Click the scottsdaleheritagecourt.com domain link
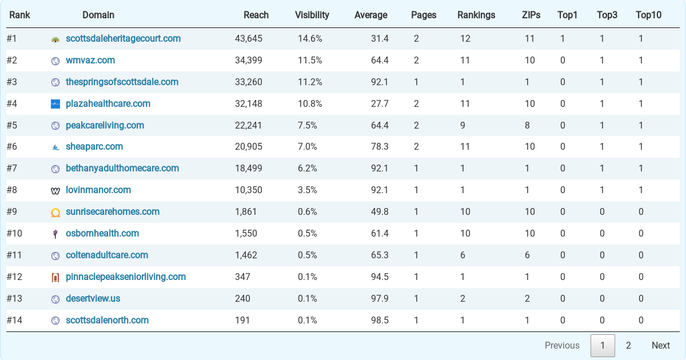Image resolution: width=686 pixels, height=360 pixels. [123, 39]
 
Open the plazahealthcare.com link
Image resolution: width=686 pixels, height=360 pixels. [108, 104]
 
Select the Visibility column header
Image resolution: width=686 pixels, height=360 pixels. [312, 15]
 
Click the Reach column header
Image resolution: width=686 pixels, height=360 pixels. [256, 15]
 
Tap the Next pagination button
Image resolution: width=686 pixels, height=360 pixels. [661, 345]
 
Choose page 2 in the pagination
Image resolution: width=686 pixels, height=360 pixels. [628, 345]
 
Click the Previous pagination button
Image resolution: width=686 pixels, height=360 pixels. [562, 345]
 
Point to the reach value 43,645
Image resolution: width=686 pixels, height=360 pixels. [248, 39]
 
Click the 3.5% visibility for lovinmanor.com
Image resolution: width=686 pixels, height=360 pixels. [307, 190]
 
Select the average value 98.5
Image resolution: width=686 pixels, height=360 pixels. [380, 320]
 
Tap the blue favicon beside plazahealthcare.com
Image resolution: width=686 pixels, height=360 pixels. [55, 104]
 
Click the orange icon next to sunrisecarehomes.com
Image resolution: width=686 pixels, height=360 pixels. [55, 213]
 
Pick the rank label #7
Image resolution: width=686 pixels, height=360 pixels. [12, 169]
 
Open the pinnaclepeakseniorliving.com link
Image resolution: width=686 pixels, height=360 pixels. [126, 277]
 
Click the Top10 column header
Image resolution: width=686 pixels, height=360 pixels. [649, 15]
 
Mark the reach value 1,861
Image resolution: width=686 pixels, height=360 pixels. [246, 212]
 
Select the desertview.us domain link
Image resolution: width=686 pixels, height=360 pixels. [93, 298]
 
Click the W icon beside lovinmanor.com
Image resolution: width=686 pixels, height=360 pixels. [55, 191]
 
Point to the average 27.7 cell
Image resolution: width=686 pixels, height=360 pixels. [380, 104]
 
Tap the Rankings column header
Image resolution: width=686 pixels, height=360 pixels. [476, 15]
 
